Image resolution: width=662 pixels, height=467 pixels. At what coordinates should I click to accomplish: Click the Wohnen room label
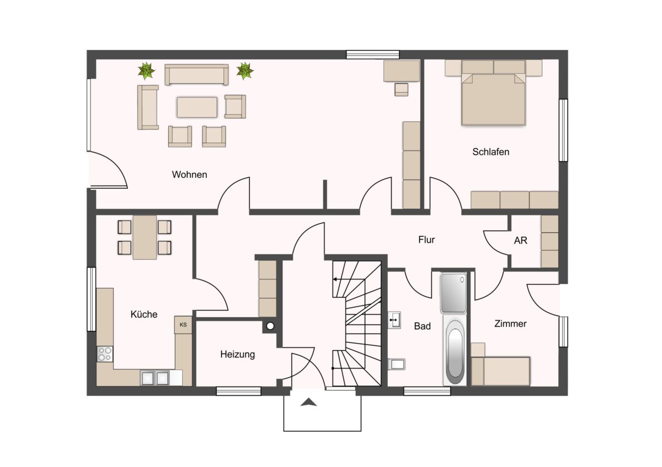tap(189, 175)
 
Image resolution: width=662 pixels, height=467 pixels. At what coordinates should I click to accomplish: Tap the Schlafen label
tap(490, 151)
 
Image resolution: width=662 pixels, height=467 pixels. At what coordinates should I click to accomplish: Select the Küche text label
tap(144, 314)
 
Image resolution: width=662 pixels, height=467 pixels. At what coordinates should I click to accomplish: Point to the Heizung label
tap(237, 354)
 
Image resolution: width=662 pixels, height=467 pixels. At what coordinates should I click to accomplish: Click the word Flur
tap(426, 240)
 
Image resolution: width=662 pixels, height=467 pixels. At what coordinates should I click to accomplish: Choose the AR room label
tap(520, 241)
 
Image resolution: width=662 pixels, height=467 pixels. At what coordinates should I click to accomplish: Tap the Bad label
tap(423, 326)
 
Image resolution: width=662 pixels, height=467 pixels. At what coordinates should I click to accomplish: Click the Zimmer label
tap(510, 324)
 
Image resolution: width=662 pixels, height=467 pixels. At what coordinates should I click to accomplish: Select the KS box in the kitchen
tap(183, 325)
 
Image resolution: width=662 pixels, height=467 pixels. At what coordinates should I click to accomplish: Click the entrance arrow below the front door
tap(308, 402)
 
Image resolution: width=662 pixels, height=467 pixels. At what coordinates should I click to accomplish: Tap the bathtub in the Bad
tap(455, 350)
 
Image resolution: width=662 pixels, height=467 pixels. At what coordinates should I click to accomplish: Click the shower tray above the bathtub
tap(453, 293)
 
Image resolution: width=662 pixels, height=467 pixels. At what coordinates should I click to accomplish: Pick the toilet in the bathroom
tap(397, 365)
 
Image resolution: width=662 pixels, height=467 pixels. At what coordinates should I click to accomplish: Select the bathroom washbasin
tap(394, 320)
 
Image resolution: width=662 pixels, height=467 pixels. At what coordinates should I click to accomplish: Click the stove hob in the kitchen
tap(105, 354)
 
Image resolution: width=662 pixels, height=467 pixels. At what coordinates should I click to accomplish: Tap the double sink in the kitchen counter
tap(155, 378)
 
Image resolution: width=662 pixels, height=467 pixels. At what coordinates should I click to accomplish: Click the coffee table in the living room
tap(197, 107)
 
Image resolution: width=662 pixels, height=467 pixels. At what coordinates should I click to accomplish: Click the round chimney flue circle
tap(270, 326)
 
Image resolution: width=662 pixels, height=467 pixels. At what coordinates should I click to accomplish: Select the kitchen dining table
tap(145, 237)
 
